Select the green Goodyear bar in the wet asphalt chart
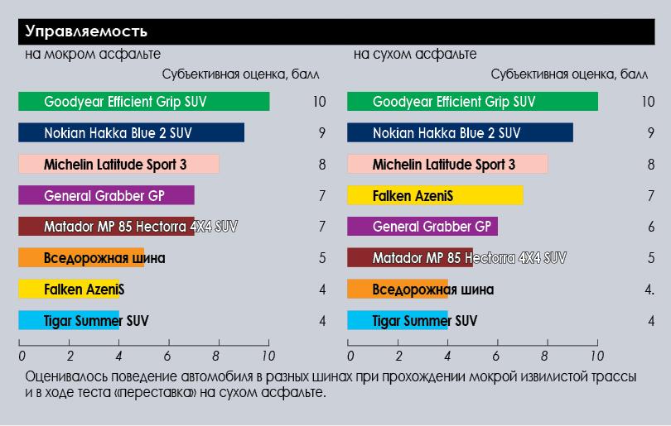click(x=143, y=102)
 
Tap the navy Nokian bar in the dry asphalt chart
click(x=460, y=132)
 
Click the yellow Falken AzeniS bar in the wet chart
click(x=69, y=290)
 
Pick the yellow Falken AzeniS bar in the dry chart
click(x=435, y=195)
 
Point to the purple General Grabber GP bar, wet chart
click(x=106, y=195)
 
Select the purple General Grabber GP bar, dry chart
click(x=422, y=227)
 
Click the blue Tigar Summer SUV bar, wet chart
click(x=69, y=321)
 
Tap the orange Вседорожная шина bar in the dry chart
click(x=398, y=290)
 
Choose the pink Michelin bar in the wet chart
click(x=118, y=164)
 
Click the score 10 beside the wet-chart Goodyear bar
click(x=320, y=102)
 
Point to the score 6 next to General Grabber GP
click(x=651, y=227)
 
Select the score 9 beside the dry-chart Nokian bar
click(x=651, y=132)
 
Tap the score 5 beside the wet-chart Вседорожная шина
click(x=322, y=258)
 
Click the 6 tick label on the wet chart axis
click(x=167, y=357)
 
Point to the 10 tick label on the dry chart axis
click(x=596, y=357)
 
